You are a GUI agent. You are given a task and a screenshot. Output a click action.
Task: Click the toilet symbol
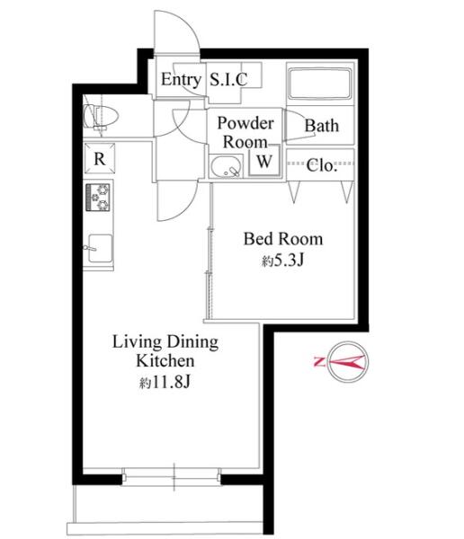coord(101,117)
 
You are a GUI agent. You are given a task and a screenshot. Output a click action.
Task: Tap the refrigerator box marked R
coord(100,158)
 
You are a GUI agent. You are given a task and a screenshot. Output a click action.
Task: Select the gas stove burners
coord(98,197)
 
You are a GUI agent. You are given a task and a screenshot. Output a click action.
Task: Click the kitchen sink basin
coord(100,248)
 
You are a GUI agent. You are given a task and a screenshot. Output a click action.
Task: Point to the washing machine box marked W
coord(264,161)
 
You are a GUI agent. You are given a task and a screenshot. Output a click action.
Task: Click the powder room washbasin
coord(226,166)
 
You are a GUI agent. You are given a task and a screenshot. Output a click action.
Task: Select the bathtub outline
coord(320,84)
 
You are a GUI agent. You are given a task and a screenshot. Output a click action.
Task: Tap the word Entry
coord(181,80)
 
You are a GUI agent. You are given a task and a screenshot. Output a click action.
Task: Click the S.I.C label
coord(228,79)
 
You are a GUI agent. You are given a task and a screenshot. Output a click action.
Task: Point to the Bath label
coord(322,126)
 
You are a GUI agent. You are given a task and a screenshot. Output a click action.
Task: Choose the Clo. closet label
coord(321,165)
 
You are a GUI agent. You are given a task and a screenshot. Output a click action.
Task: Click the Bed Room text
coord(283,239)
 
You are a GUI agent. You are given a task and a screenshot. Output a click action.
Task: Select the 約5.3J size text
coord(282,261)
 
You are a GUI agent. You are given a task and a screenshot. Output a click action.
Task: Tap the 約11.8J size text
coord(165,382)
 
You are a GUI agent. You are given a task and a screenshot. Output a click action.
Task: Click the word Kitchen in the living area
coord(165,361)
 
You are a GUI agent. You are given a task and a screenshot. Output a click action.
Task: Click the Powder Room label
coord(245,132)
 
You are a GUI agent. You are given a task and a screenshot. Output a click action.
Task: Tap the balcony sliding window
coord(172,477)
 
